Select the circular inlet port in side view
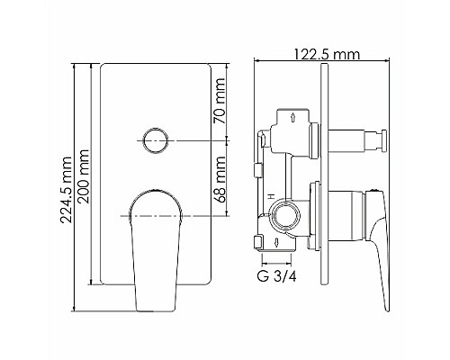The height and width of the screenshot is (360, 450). [x=289, y=215]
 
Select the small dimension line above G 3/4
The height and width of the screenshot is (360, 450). [x=271, y=262]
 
